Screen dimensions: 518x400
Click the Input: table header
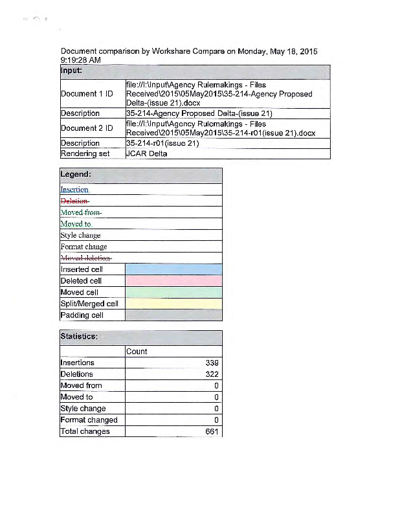point(72,71)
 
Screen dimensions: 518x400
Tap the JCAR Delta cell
point(148,154)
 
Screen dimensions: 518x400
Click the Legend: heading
point(75,175)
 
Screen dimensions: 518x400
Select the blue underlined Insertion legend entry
point(74,190)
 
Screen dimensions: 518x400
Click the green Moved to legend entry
point(76,224)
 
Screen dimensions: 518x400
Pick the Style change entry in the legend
point(80,236)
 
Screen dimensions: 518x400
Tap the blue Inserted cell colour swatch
point(173,269)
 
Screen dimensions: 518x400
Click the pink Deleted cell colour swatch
point(173,281)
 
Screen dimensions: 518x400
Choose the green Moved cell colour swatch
point(173,293)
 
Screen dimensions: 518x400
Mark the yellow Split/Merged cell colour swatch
point(173,304)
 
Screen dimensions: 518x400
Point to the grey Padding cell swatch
point(173,315)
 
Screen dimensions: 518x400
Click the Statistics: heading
point(79,337)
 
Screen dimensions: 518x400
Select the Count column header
point(137,352)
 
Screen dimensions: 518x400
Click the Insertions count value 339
point(212,363)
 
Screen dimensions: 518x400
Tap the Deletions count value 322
point(212,374)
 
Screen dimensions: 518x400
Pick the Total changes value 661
point(212,431)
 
